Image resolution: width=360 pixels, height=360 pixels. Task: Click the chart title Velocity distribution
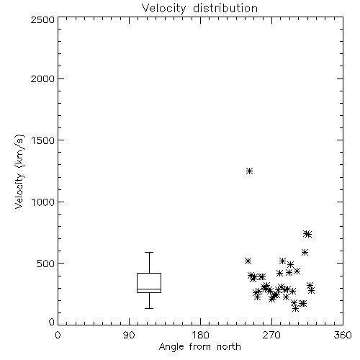point(199,9)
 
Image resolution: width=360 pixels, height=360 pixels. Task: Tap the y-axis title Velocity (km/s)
point(19,171)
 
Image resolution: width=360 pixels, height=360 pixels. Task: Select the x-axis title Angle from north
point(199,347)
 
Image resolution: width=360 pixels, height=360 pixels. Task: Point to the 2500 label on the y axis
point(42,19)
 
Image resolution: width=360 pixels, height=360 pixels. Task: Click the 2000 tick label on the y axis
point(42,78)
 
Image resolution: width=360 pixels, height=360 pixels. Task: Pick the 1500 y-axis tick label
point(43,140)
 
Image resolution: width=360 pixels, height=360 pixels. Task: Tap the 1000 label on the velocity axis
point(43,202)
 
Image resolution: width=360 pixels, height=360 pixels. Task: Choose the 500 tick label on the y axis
point(46,264)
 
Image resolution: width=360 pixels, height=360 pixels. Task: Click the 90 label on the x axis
point(129,335)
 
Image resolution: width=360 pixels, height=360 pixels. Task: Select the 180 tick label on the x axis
point(200,335)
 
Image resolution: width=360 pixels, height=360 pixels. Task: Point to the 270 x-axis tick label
point(271,335)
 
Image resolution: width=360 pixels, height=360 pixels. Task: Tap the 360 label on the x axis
point(343,335)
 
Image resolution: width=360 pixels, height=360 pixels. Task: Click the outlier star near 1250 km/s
point(250,171)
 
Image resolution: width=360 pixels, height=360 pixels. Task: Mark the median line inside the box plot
point(149,289)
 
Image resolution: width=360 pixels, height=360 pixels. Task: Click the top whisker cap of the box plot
point(149,252)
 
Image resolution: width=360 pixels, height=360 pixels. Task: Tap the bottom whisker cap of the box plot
point(149,308)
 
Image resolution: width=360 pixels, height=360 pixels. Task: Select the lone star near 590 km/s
point(305,252)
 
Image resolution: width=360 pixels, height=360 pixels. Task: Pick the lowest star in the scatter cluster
point(296,309)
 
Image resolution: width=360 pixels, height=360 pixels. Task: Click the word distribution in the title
point(225,9)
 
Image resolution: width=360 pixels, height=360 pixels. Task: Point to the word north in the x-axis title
point(229,347)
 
